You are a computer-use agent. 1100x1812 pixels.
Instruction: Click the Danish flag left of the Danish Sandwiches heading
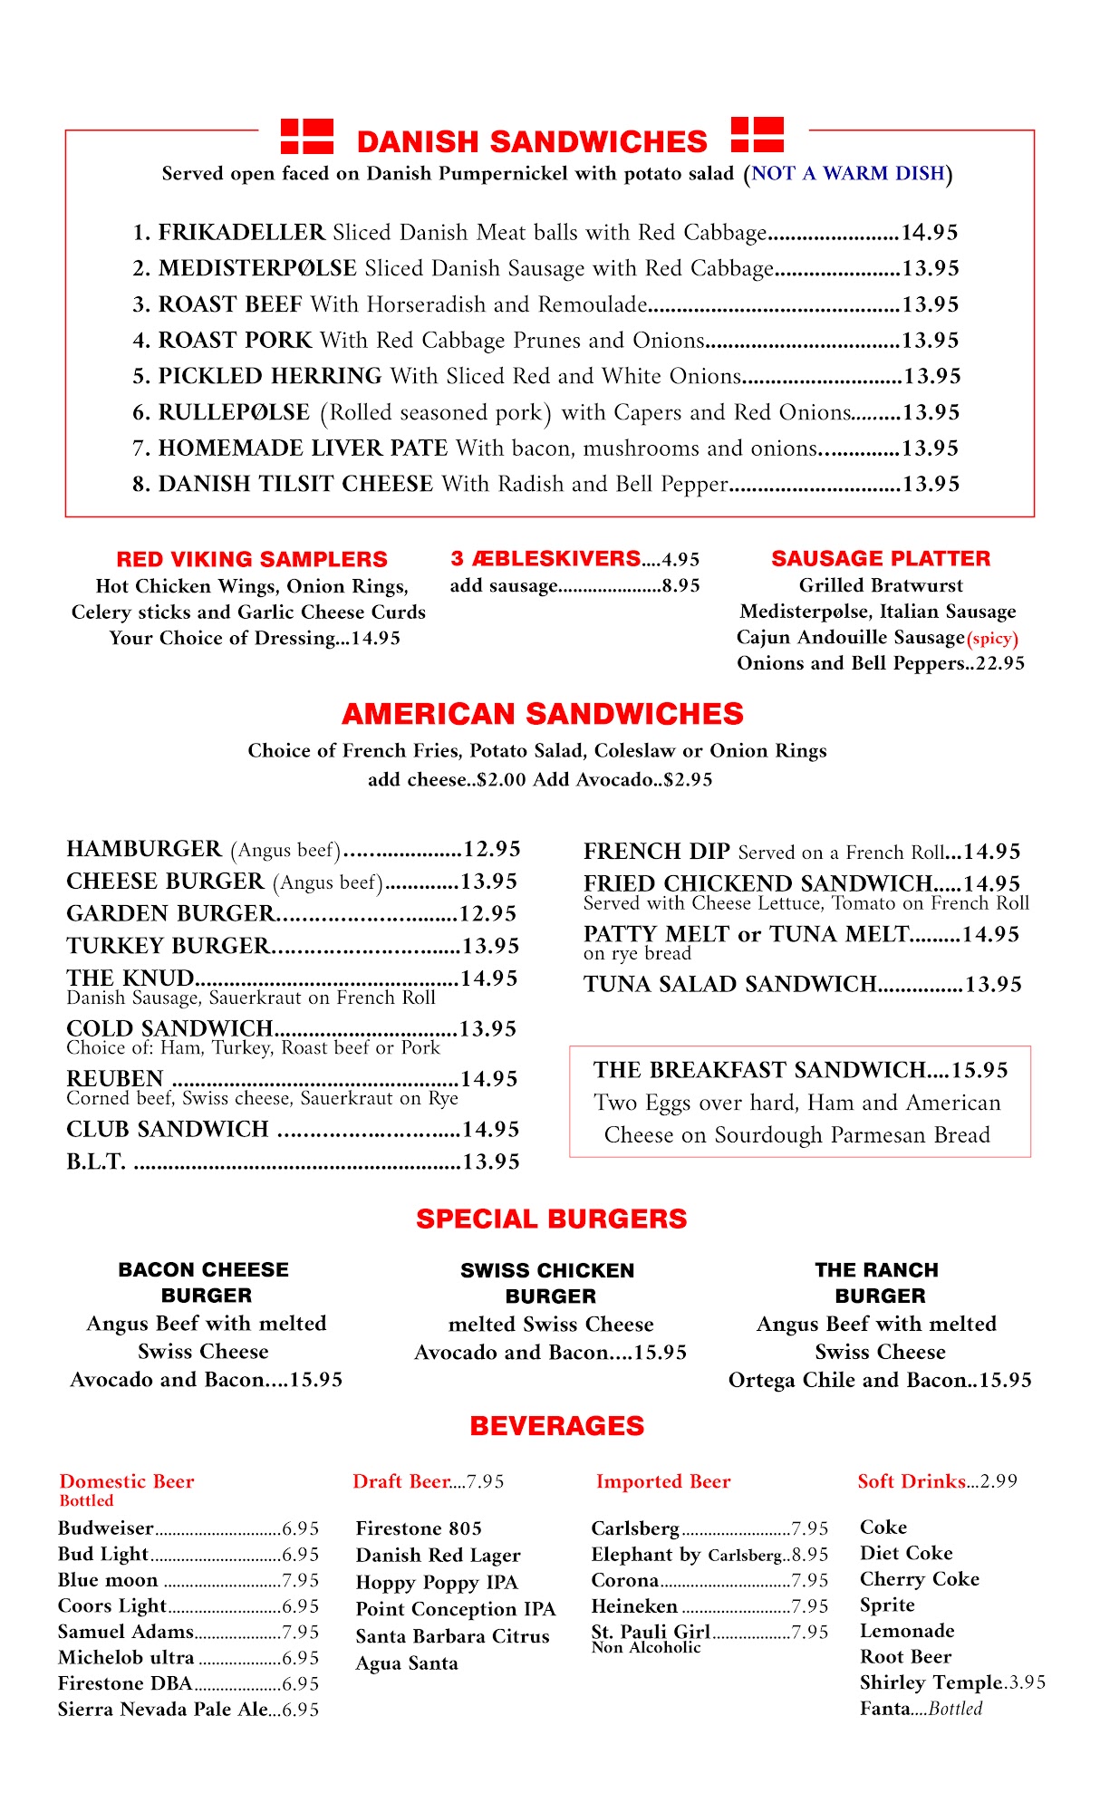(x=306, y=136)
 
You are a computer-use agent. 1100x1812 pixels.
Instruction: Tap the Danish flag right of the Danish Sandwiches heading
(x=757, y=134)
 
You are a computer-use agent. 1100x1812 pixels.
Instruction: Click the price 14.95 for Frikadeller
(x=929, y=233)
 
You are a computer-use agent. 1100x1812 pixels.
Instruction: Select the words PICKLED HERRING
(x=270, y=376)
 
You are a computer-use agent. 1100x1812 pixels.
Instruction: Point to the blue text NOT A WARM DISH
(x=848, y=173)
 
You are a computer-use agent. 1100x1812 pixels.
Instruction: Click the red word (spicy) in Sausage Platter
(x=993, y=638)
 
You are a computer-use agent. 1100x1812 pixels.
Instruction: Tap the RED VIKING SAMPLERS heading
(x=252, y=559)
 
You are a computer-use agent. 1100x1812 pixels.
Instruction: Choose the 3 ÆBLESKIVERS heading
(x=545, y=558)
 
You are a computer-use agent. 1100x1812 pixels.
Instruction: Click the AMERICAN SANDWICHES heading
(x=543, y=714)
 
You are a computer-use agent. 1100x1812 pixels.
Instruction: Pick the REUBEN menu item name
(x=115, y=1078)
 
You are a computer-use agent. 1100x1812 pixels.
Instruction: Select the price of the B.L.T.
(x=490, y=1161)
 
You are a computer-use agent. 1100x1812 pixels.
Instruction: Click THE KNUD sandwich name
(x=130, y=978)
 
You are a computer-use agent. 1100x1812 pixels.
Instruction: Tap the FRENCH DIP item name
(x=656, y=851)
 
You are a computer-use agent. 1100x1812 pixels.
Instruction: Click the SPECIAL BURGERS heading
(x=551, y=1219)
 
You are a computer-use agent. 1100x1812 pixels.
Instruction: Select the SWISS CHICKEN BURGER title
(x=548, y=1283)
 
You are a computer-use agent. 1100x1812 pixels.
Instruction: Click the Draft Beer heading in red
(x=401, y=1481)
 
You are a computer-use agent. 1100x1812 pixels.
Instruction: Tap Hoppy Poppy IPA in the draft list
(x=436, y=1582)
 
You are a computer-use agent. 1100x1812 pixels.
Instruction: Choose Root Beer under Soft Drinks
(x=905, y=1657)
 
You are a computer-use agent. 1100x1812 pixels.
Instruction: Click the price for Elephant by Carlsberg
(x=809, y=1555)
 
